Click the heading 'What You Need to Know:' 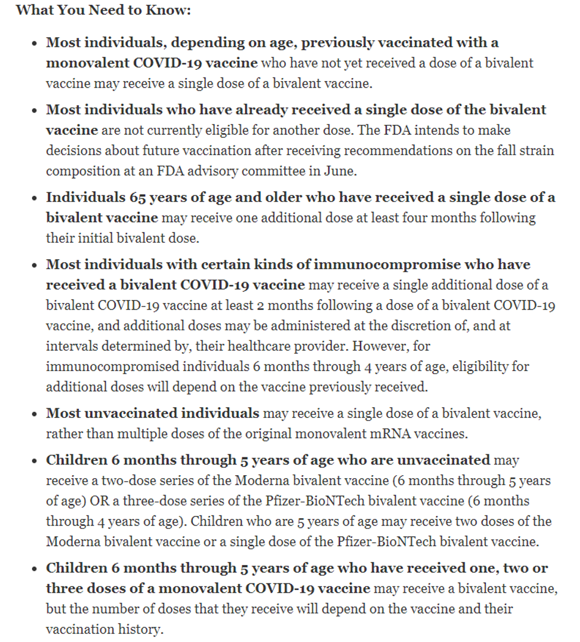pyautogui.click(x=104, y=11)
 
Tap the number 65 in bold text pyautogui.click(x=121, y=197)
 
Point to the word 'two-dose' pyautogui.click(x=125, y=480)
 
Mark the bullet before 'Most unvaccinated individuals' pyautogui.click(x=36, y=414)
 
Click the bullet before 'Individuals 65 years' pyautogui.click(x=36, y=198)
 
